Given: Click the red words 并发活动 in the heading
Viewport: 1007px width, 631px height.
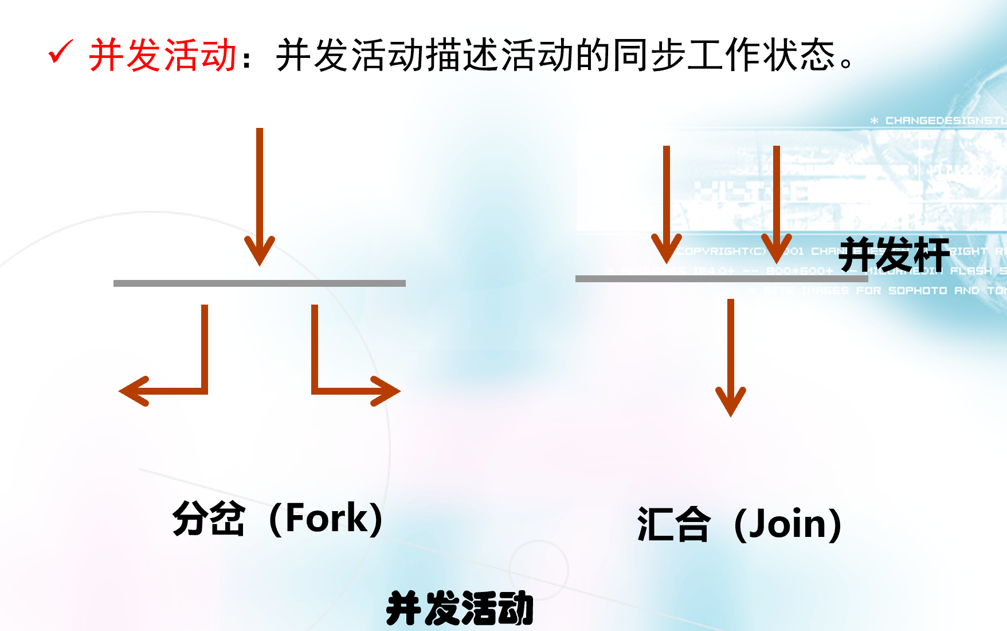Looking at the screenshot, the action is click(x=163, y=56).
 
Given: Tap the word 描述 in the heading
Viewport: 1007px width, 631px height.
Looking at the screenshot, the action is click(x=463, y=56).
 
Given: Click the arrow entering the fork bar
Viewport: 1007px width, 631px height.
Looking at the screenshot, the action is click(x=260, y=195).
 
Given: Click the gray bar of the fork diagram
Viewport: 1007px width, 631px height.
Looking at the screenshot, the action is click(x=260, y=283).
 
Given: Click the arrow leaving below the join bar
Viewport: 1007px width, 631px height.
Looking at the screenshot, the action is click(x=731, y=356).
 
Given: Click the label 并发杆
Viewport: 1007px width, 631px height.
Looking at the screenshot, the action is click(x=894, y=254).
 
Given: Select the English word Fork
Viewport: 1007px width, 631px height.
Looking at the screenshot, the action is click(x=326, y=518).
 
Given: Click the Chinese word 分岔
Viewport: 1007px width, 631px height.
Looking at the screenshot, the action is click(x=209, y=518).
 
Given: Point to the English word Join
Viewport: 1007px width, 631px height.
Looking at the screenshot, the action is click(x=788, y=524).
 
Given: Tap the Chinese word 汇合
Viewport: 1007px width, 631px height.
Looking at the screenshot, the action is click(x=673, y=524).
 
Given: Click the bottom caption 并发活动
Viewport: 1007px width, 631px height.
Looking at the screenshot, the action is click(x=460, y=608).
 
